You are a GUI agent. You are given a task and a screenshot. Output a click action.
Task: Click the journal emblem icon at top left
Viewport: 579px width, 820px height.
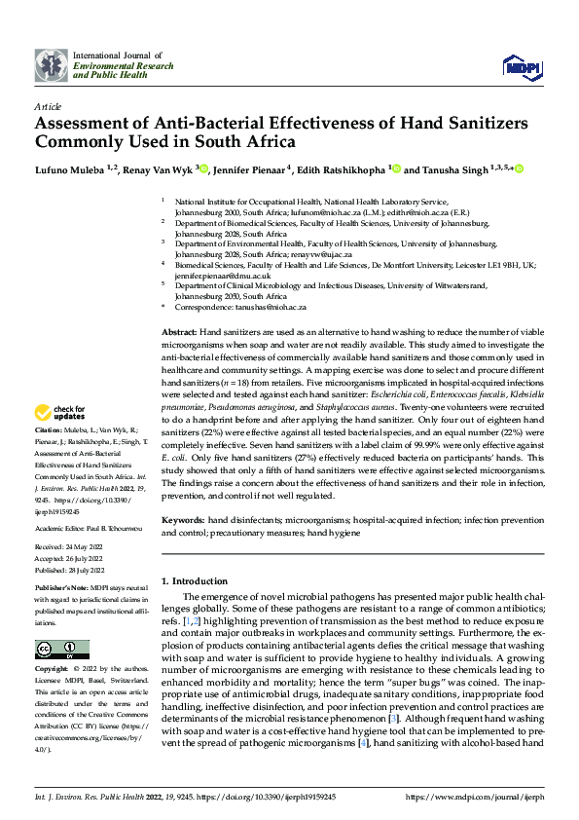point(52,64)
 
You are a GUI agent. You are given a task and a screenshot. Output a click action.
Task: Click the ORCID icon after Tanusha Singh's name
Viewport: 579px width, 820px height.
point(520,168)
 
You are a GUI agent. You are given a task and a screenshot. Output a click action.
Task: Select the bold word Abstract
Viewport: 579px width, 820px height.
point(177,332)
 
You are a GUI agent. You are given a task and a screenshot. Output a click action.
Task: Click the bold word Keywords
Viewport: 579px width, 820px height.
point(182,521)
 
